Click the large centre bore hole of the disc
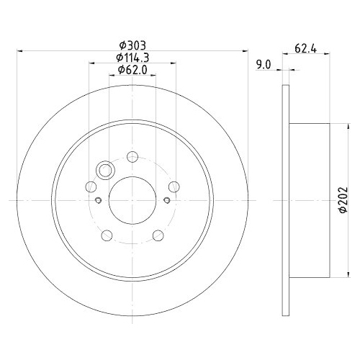(132, 199)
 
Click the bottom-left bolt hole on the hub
(107, 234)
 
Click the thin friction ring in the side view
(284, 199)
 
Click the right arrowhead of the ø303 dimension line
(247, 51)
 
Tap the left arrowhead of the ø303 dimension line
(18, 51)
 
